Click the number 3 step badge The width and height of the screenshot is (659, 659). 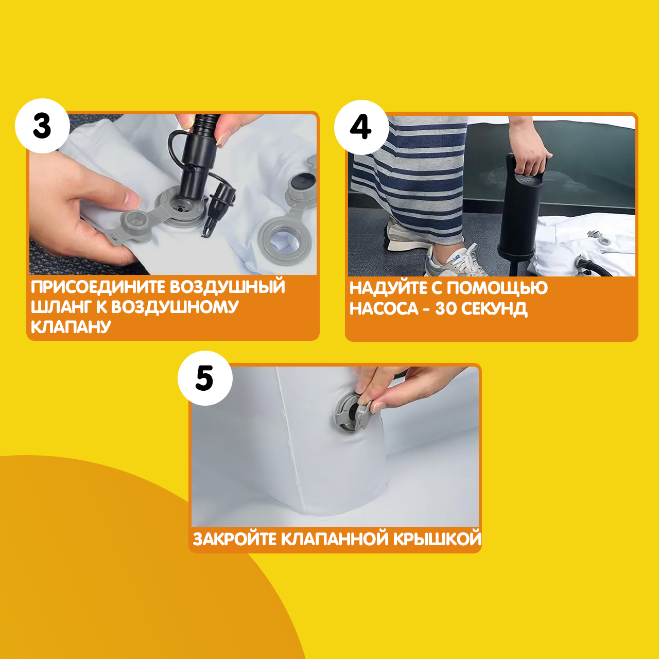pos(42,126)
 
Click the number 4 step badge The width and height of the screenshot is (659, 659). pos(361,127)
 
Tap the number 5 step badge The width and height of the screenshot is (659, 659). pos(205,378)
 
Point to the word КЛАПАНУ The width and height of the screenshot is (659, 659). pos(71,326)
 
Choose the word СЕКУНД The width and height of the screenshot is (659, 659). pos(494,309)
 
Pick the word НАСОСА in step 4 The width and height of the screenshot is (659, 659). pos(384,309)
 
